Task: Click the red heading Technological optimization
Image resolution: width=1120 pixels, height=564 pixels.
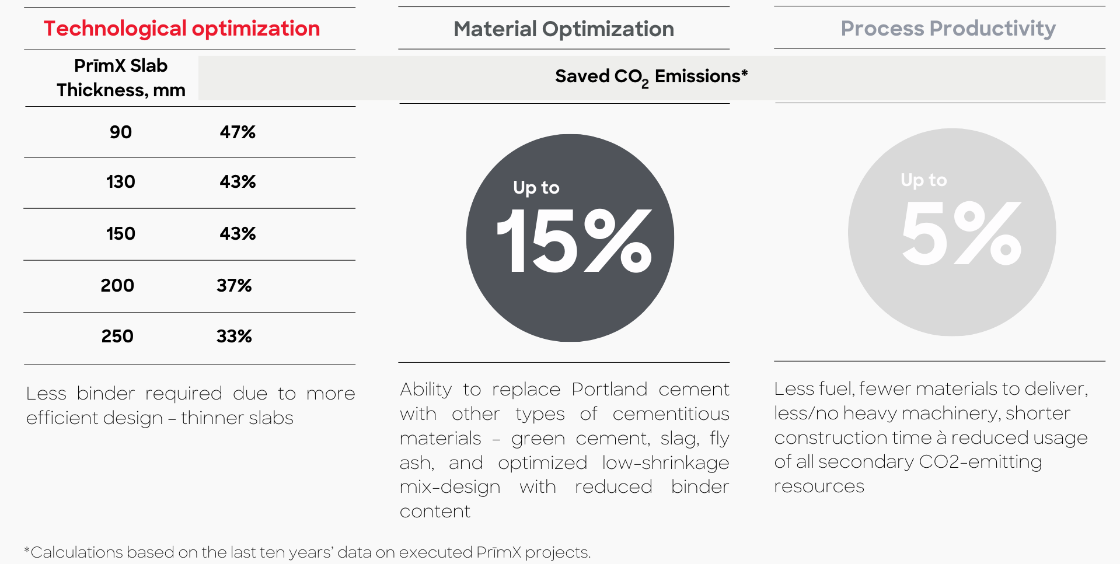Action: (x=182, y=29)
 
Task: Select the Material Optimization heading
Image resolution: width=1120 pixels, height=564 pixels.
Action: (x=564, y=29)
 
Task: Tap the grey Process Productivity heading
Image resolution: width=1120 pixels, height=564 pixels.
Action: (x=948, y=29)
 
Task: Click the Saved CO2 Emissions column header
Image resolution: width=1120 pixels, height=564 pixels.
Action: (x=651, y=77)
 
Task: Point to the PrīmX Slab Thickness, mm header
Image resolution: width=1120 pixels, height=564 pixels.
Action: (x=121, y=78)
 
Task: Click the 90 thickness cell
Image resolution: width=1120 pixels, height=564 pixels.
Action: (x=121, y=132)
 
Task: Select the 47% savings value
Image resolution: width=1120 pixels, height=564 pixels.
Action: (x=238, y=132)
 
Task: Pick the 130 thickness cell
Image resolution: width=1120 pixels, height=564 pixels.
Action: (x=121, y=181)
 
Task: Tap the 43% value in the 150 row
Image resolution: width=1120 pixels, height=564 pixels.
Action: (x=238, y=233)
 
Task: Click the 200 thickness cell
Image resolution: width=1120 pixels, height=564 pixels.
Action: (x=117, y=285)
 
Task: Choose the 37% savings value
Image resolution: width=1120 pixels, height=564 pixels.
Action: (x=234, y=285)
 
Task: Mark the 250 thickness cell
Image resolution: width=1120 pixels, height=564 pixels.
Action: (x=117, y=336)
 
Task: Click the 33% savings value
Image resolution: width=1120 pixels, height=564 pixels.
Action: (x=234, y=336)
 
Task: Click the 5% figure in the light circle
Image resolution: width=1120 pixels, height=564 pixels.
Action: (x=961, y=233)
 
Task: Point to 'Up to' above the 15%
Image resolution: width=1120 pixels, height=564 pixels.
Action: (x=536, y=187)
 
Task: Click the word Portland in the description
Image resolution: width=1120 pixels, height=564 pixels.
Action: (x=609, y=389)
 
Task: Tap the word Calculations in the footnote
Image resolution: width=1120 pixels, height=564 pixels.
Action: (x=76, y=552)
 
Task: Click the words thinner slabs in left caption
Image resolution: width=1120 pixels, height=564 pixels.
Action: (x=237, y=418)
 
